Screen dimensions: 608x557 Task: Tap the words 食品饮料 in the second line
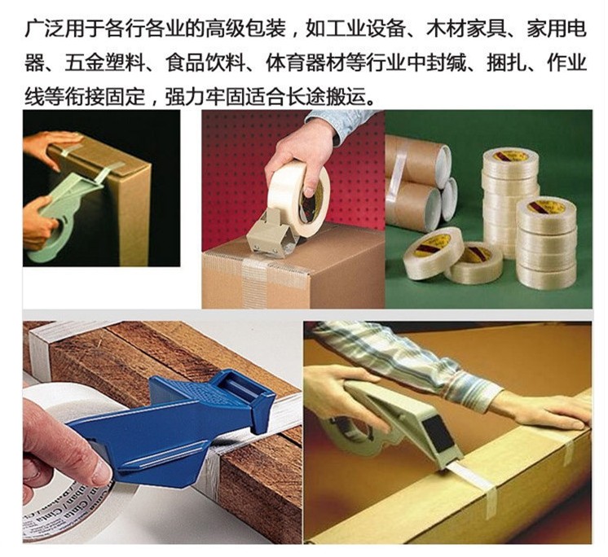click(205, 63)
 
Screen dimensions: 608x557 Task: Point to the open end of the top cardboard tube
click(443, 160)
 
